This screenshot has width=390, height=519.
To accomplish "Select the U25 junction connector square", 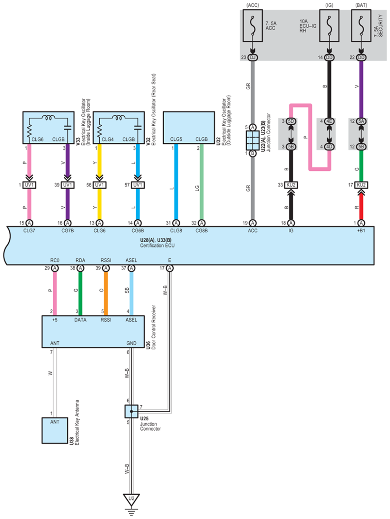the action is [131, 411].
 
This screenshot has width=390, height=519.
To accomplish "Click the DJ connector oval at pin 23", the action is [253, 58].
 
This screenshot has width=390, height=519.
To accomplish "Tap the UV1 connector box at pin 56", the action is [100, 185].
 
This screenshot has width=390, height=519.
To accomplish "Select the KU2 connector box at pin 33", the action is [291, 185].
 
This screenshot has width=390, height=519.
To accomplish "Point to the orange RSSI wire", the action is [106, 293].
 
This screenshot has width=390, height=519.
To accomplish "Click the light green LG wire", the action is [202, 182].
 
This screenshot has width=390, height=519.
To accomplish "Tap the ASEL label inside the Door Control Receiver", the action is [131, 320].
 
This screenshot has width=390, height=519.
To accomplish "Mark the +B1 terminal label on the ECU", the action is [361, 230].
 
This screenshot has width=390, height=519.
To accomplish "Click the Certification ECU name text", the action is [157, 246].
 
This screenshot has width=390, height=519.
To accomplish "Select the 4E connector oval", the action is [329, 121].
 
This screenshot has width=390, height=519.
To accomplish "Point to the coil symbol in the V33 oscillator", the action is [49, 117].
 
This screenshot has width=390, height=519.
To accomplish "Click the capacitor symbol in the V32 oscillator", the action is [138, 128].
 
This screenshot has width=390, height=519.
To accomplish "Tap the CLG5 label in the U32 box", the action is [176, 139].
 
